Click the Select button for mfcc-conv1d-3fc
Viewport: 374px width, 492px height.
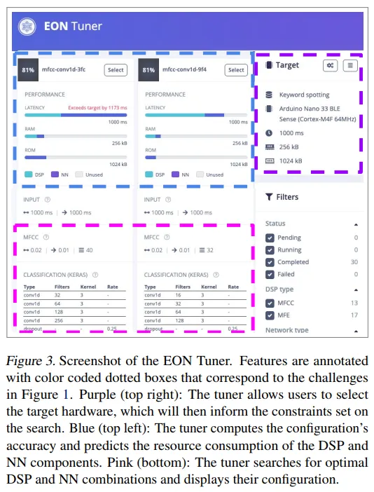pyautogui.click(x=116, y=70)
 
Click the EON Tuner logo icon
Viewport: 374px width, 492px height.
pyautogui.click(x=27, y=27)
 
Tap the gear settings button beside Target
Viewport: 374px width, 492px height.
pyautogui.click(x=330, y=66)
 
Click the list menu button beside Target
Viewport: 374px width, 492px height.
pyautogui.click(x=350, y=66)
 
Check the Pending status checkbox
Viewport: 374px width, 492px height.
pyautogui.click(x=270, y=238)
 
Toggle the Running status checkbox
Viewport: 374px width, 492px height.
pyautogui.click(x=270, y=250)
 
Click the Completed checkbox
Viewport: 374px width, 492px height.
pyautogui.click(x=270, y=262)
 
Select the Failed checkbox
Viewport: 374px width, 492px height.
pyautogui.click(x=270, y=275)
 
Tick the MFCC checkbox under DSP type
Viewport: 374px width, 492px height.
pyautogui.click(x=270, y=303)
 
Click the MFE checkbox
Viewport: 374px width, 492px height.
pyautogui.click(x=270, y=315)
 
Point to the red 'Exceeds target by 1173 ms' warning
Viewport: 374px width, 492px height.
pyautogui.click(x=98, y=108)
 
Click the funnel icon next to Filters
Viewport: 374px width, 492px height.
pyautogui.click(x=269, y=197)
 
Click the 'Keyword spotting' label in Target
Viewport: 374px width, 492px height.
pyautogui.click(x=304, y=95)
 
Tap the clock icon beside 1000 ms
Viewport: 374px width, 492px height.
pyautogui.click(x=269, y=133)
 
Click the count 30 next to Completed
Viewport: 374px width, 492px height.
pyautogui.click(x=354, y=262)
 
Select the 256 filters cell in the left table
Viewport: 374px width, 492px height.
pyautogui.click(x=59, y=321)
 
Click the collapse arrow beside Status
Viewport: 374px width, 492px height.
pyautogui.click(x=356, y=225)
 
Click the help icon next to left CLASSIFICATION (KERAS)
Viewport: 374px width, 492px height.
pyautogui.click(x=95, y=275)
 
